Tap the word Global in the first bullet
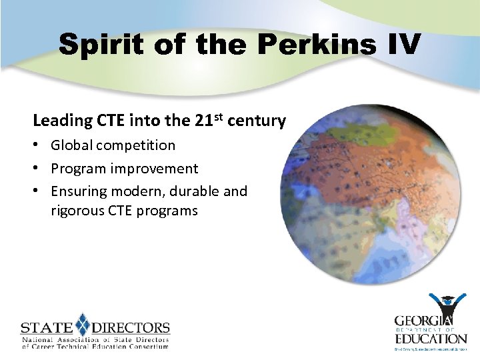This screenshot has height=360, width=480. (73, 145)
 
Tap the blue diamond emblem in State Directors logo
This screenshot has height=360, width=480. (82, 325)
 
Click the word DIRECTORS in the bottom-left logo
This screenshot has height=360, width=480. (131, 328)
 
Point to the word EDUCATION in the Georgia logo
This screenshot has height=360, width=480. (430, 338)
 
